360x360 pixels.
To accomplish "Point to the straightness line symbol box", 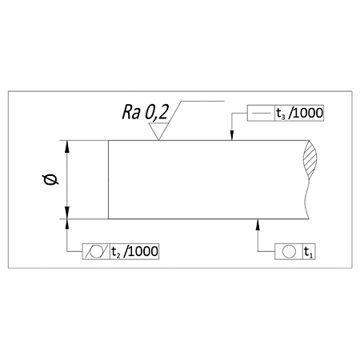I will click(x=259, y=114).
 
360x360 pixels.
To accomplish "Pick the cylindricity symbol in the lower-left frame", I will click(x=95, y=251).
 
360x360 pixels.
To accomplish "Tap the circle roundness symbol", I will click(x=288, y=251).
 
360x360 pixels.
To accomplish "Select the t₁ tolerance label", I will click(x=310, y=251).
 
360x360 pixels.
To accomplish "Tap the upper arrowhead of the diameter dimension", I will click(x=67, y=147).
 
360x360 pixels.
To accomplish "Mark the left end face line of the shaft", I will click(x=109, y=180).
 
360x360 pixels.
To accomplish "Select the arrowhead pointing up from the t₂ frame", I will click(x=67, y=223).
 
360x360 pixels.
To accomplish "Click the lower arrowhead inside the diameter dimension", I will click(x=67, y=212).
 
